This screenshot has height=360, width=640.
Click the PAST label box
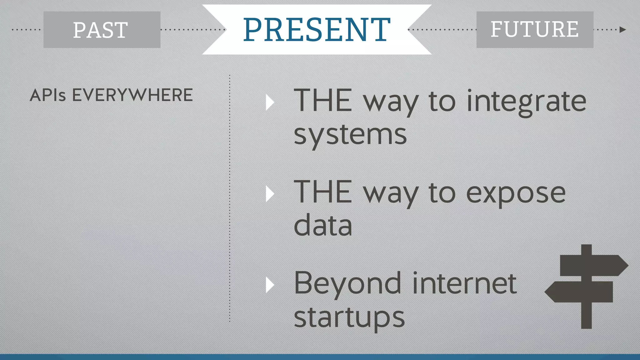point(102,30)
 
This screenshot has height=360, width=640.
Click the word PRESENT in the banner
point(317,30)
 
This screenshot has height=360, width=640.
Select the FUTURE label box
point(534,30)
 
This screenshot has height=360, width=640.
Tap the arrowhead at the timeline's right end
point(622,30)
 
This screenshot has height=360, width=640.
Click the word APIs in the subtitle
point(47,95)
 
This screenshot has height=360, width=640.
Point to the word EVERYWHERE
point(132,95)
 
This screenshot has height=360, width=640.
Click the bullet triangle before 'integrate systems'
point(270,102)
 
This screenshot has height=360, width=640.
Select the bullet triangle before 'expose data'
point(270,194)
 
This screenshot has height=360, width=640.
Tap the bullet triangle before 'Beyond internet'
point(270,285)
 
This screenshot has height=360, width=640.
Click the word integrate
point(526,102)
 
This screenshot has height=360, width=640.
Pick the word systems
point(350,135)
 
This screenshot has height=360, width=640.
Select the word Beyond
point(347,284)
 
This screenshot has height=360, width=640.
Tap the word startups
point(349,317)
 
